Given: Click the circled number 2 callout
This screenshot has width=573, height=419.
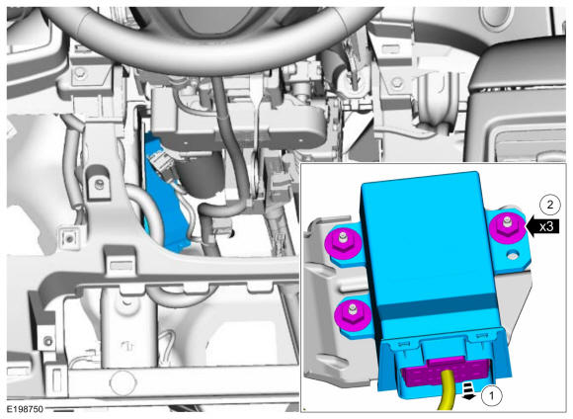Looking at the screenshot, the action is (x=549, y=205).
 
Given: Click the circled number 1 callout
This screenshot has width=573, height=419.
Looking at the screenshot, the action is (x=491, y=395).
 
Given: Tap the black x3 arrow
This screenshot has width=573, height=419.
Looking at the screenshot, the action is (x=542, y=226).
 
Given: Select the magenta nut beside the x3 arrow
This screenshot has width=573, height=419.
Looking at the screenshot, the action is (x=507, y=227).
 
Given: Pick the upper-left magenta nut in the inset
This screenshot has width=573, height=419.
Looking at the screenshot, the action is (x=343, y=242).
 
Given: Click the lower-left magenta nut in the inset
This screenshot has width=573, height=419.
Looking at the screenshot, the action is (x=353, y=315).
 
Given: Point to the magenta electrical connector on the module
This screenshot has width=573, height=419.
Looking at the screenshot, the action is (x=446, y=373).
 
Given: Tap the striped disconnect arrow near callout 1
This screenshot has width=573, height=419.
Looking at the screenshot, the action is (x=467, y=390).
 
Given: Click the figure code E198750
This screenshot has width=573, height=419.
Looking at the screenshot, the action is (x=25, y=409).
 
